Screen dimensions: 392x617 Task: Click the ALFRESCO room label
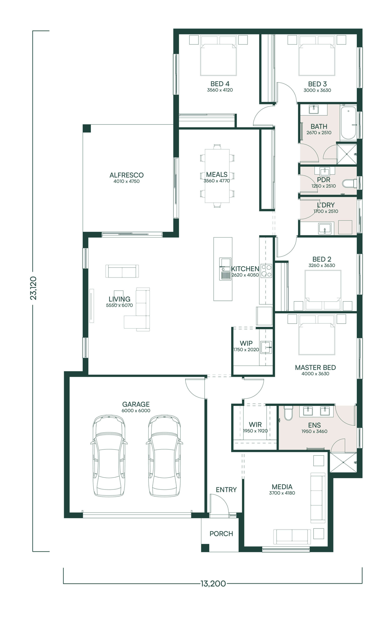click(x=126, y=175)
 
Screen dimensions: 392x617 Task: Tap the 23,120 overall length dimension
click(x=33, y=288)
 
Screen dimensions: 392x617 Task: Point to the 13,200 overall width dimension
click(x=213, y=584)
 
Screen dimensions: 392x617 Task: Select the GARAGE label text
click(x=136, y=404)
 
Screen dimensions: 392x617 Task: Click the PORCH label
click(x=221, y=534)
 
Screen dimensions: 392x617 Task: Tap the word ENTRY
click(x=226, y=490)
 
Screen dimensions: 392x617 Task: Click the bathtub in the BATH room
click(x=348, y=123)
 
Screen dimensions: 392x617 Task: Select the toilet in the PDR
click(x=349, y=183)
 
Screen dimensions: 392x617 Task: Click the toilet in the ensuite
click(x=288, y=413)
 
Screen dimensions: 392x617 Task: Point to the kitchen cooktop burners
click(x=266, y=271)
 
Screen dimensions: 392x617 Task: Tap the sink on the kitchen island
click(x=225, y=269)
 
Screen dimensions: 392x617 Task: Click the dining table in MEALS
click(x=217, y=176)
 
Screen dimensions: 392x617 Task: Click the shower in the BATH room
click(x=347, y=154)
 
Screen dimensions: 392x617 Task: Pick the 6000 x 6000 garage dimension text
click(x=136, y=410)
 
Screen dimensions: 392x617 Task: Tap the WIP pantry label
click(x=246, y=343)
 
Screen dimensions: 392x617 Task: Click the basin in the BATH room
click(x=314, y=109)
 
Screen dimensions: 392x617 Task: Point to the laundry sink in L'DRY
click(x=325, y=228)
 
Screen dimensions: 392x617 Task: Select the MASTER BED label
click(x=315, y=368)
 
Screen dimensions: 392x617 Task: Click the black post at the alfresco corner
click(x=87, y=128)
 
